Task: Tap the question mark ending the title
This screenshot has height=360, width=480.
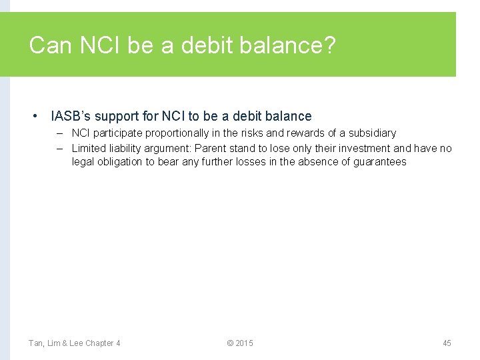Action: [x=330, y=46]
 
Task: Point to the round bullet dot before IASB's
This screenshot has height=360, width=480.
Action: [x=35, y=116]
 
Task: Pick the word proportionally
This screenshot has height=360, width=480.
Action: [x=179, y=133]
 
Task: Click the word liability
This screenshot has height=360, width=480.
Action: [x=125, y=148]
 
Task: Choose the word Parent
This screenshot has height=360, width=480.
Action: [x=210, y=148]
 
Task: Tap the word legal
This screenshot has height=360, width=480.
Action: [x=82, y=161]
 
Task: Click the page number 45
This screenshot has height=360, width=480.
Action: [x=447, y=343]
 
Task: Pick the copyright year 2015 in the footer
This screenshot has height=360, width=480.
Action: [x=244, y=343]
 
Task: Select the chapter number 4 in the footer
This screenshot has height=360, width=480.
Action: [x=118, y=343]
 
